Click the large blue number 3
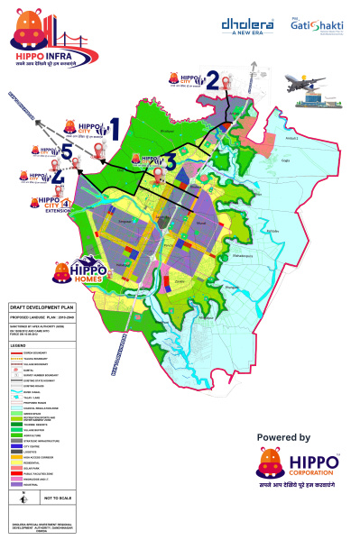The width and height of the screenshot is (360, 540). (x=169, y=161)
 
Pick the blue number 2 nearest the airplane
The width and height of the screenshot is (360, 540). (x=213, y=79)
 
